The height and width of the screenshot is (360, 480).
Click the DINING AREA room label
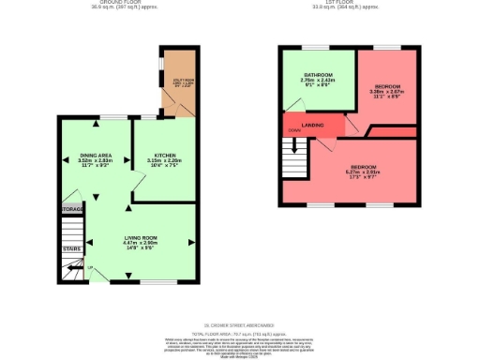pyautogui.click(x=95, y=155)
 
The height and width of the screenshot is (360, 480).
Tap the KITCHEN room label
pyautogui.click(x=165, y=155)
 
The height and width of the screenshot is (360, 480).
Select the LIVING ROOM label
pyautogui.click(x=140, y=239)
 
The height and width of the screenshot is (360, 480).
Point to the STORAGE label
pyautogui.click(x=71, y=208)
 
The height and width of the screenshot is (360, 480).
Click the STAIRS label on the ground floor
pyautogui.click(x=71, y=249)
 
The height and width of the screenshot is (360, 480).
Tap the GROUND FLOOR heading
pyautogui.click(x=107, y=2)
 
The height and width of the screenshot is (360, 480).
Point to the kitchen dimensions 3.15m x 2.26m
pyautogui.click(x=165, y=160)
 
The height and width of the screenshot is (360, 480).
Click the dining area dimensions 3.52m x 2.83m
pyautogui.click(x=95, y=160)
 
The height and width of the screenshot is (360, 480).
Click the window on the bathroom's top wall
pyautogui.click(x=315, y=46)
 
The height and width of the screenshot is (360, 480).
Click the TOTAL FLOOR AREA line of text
pyautogui.click(x=239, y=333)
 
